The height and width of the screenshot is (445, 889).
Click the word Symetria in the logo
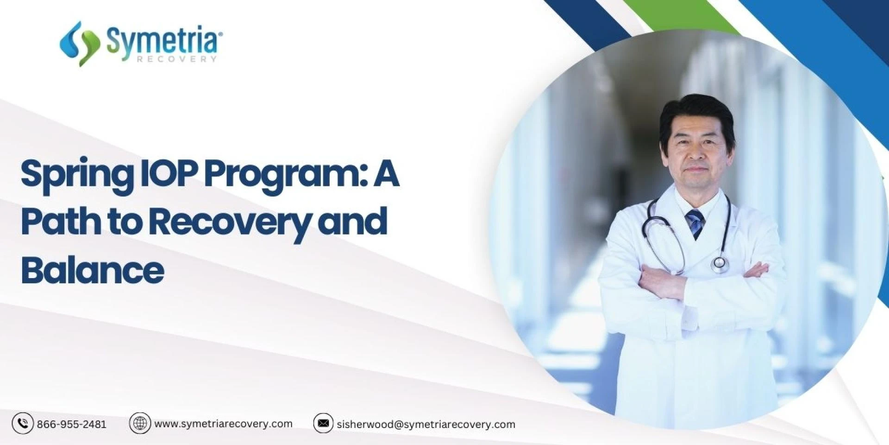click(163, 41)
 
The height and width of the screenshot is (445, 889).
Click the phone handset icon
click(23, 423)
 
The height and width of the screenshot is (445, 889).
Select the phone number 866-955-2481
click(72, 424)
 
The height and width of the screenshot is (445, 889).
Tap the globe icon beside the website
click(140, 423)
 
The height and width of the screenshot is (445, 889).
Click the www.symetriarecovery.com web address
click(223, 424)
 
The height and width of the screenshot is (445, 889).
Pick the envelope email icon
click(323, 423)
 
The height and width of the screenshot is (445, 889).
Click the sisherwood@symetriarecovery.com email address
click(426, 424)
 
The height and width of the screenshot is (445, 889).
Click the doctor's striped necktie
click(695, 223)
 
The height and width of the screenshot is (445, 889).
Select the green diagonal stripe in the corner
click(681, 17)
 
